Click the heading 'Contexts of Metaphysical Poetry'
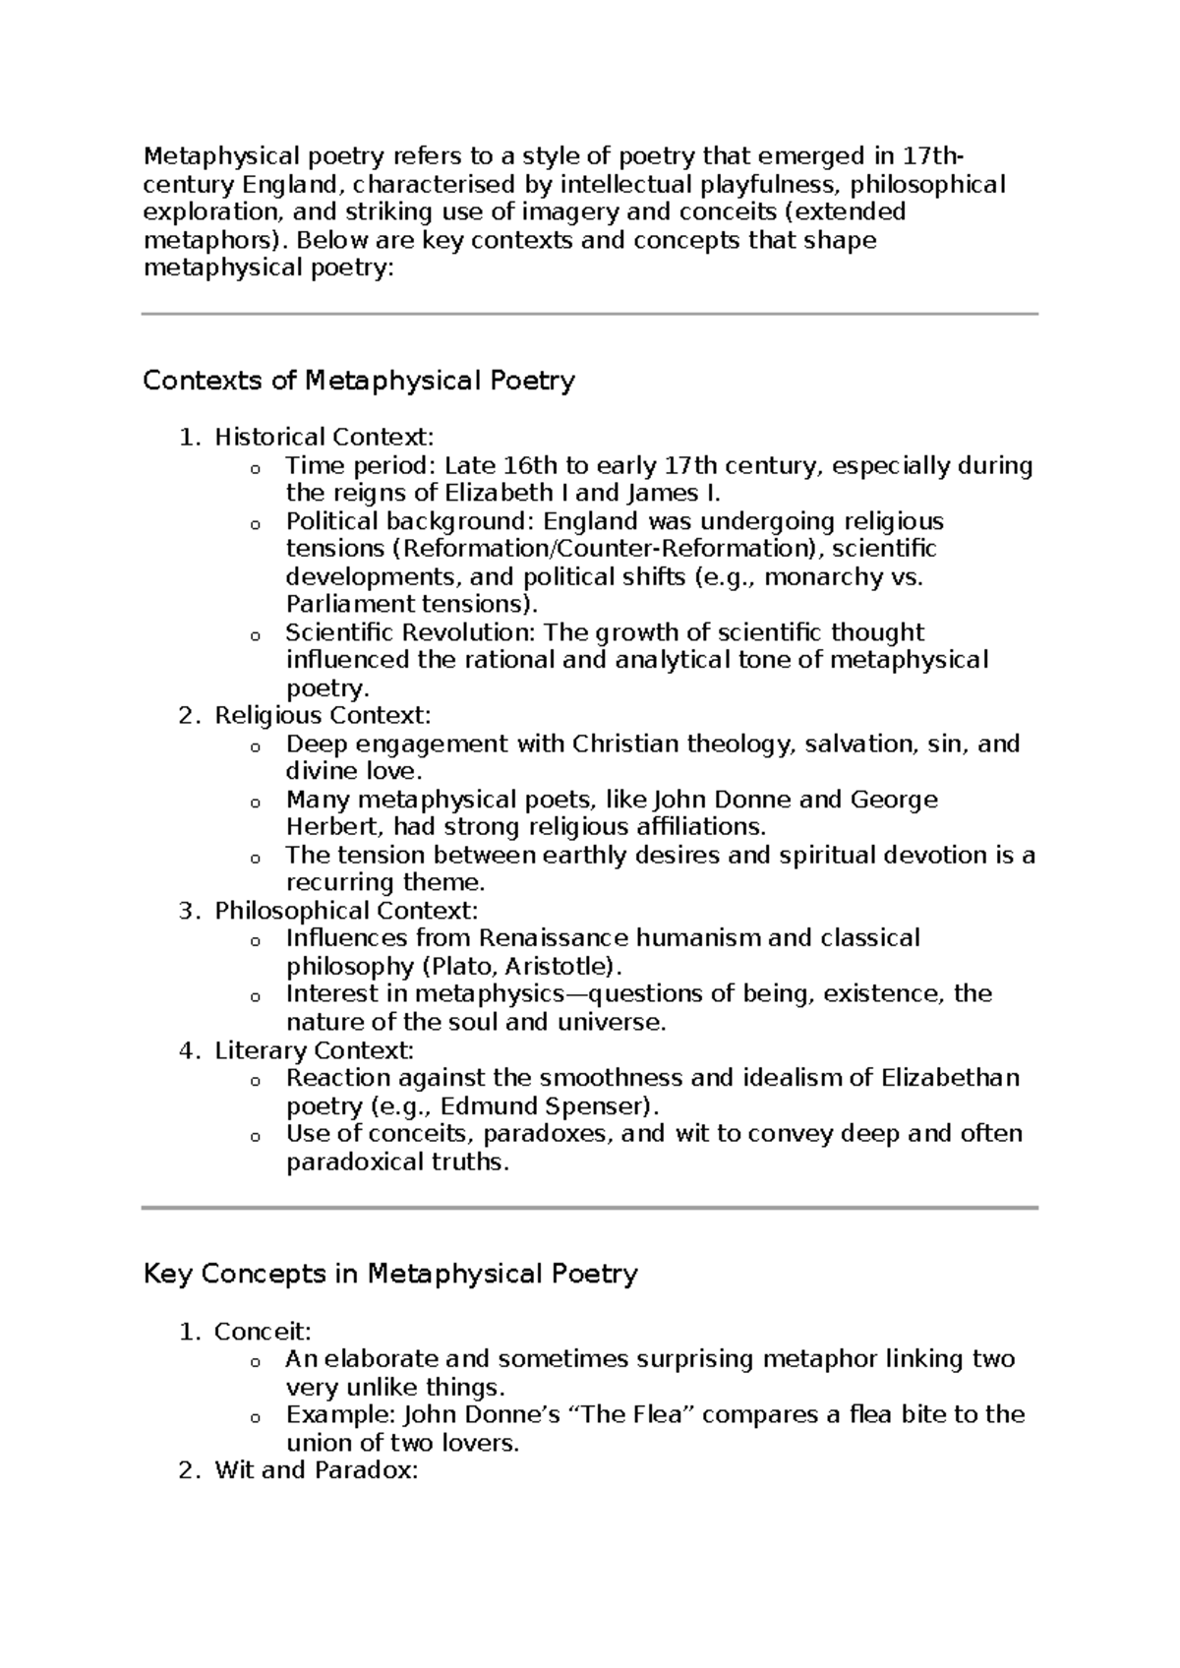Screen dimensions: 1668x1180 click(x=359, y=381)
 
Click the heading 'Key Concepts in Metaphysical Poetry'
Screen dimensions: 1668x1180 click(x=390, y=1275)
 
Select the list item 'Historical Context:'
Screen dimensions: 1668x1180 click(x=324, y=437)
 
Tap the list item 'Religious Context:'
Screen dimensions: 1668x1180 click(x=323, y=715)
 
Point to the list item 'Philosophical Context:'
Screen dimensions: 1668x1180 click(x=346, y=911)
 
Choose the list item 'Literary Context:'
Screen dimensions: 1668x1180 click(x=314, y=1050)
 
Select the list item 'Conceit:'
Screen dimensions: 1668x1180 click(x=263, y=1332)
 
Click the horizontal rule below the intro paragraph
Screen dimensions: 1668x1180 click(x=590, y=314)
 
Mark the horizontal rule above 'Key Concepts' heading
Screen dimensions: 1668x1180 click(x=590, y=1207)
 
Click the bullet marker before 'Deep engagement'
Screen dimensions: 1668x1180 click(x=256, y=746)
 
